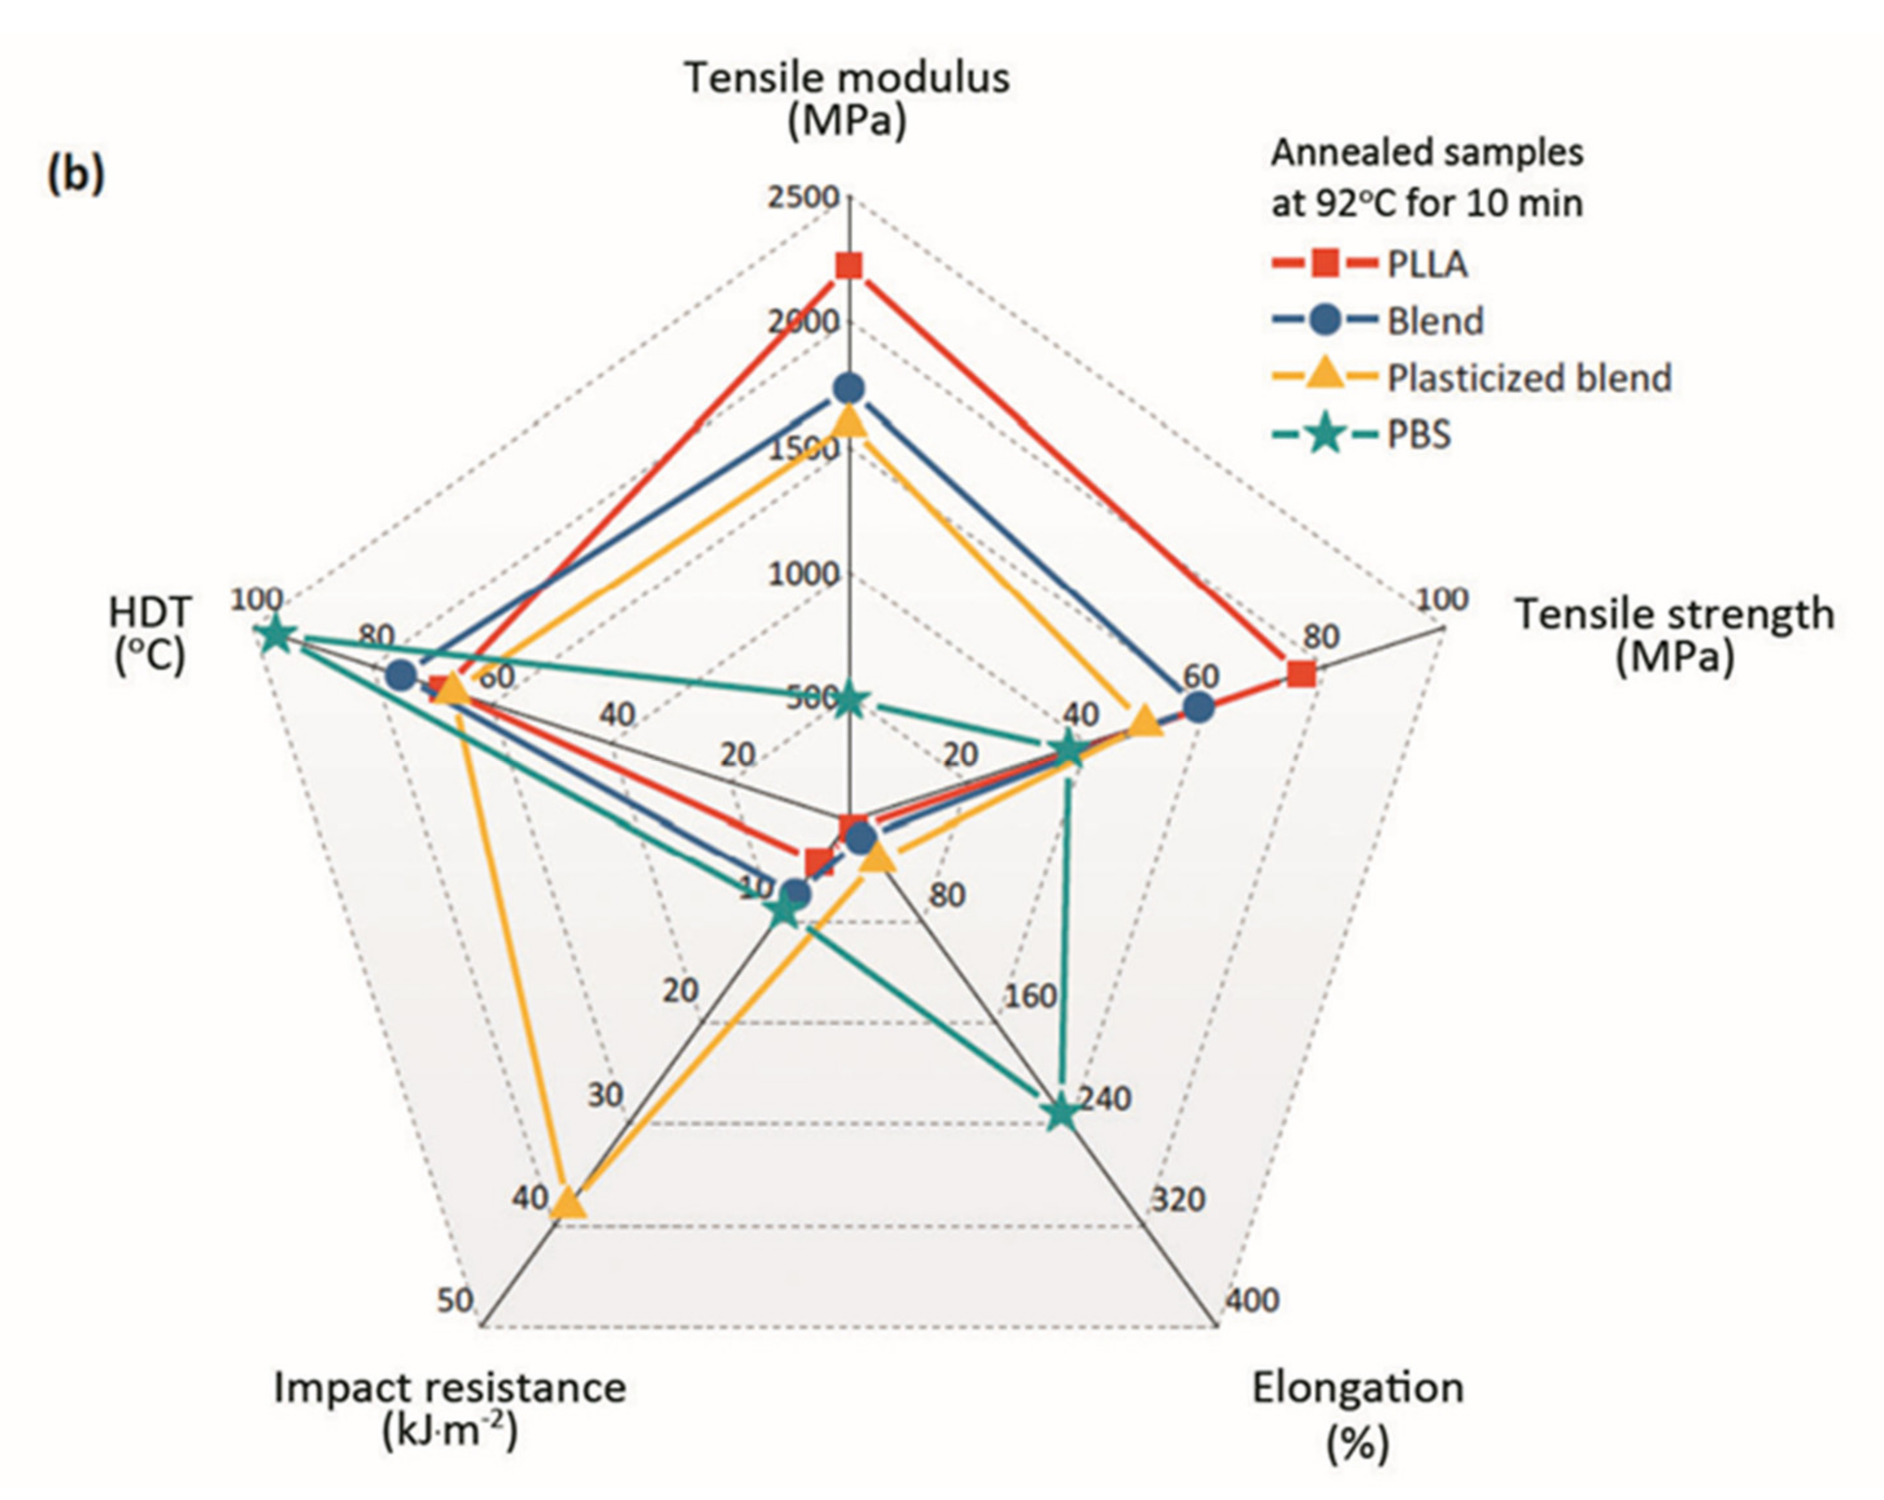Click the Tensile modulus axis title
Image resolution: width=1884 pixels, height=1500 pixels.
point(847,98)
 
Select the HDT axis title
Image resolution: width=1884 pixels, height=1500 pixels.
point(149,634)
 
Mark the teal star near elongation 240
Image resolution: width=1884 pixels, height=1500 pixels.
point(1061,1113)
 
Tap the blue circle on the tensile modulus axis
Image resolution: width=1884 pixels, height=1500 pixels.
point(849,387)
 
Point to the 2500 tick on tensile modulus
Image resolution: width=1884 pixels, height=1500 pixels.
point(803,199)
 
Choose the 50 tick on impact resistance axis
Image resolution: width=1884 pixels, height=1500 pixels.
point(454,1301)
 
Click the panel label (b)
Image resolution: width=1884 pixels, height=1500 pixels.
point(75,174)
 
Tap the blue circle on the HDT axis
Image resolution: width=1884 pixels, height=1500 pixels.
point(401,675)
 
